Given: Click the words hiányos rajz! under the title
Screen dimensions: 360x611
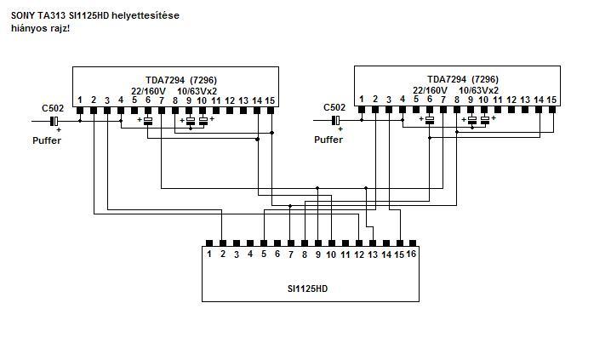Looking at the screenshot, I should tap(41, 28).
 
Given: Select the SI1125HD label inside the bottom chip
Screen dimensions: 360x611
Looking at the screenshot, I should tap(307, 289).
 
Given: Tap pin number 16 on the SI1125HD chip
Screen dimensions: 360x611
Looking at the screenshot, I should tap(411, 254).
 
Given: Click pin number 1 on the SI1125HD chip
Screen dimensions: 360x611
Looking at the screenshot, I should tap(208, 254).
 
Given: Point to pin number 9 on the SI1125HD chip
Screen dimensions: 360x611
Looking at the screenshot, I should tap(317, 254).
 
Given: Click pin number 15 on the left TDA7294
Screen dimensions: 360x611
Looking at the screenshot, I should tap(271, 100).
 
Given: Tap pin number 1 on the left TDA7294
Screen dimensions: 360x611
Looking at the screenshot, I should tap(80, 100).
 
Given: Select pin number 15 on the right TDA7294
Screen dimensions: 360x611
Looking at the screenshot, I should tap(552, 100).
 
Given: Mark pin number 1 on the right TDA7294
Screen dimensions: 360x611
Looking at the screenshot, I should tap(362, 100).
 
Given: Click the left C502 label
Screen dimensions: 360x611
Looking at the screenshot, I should tap(52, 108).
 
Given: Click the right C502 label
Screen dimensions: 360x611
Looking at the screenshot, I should tap(334, 108).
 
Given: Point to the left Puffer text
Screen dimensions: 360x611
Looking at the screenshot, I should tap(47, 140).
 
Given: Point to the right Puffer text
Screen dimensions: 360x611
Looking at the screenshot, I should tap(328, 140).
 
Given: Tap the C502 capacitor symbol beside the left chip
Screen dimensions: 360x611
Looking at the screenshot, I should tap(54, 121).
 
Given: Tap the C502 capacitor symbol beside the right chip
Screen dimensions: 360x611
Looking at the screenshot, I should tap(336, 121).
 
